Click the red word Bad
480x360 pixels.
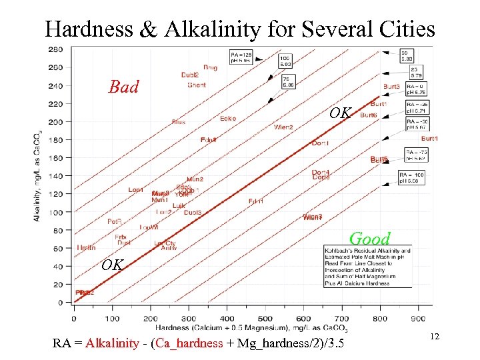[124, 87]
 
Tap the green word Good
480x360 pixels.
[369, 239]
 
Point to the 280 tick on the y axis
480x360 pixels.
[56, 49]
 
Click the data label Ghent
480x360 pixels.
[197, 85]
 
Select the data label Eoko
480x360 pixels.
[228, 119]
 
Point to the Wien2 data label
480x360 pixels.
[283, 127]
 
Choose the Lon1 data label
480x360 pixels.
[136, 190]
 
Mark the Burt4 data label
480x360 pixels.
[430, 139]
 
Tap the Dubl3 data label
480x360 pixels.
[193, 212]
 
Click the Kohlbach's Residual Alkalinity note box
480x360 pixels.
[367, 267]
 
